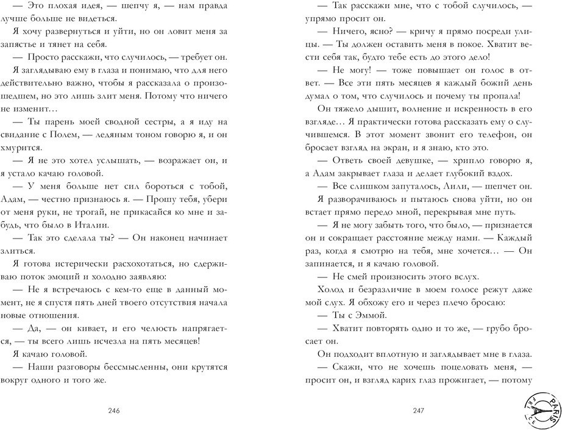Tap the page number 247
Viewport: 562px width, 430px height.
pyautogui.click(x=418, y=410)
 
